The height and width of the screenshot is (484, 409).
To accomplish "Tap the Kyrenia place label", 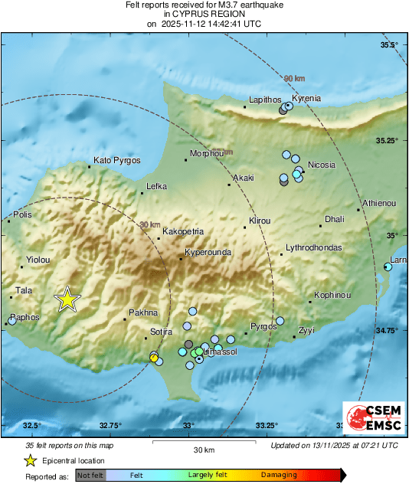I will coord(306,99).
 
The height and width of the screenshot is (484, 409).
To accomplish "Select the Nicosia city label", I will coord(321,165).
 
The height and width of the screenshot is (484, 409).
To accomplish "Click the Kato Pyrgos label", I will coord(116,161).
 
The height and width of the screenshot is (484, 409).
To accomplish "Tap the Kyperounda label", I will coord(208,252).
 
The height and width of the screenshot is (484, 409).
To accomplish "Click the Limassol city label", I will coord(220,351).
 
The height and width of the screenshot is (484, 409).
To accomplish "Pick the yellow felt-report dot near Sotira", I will coord(154,358).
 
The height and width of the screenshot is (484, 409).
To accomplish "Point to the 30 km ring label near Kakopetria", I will coord(150,225).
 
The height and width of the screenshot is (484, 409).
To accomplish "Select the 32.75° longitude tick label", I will coord(110,425).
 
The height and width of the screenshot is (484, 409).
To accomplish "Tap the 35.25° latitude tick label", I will coord(385,141).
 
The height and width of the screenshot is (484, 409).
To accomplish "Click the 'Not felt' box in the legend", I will coord(90,476).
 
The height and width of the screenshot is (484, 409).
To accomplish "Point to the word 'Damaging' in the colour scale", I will coord(279,476).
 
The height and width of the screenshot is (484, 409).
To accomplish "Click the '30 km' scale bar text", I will coord(203,450).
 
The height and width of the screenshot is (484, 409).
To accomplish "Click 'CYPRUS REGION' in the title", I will coord(204,15).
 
